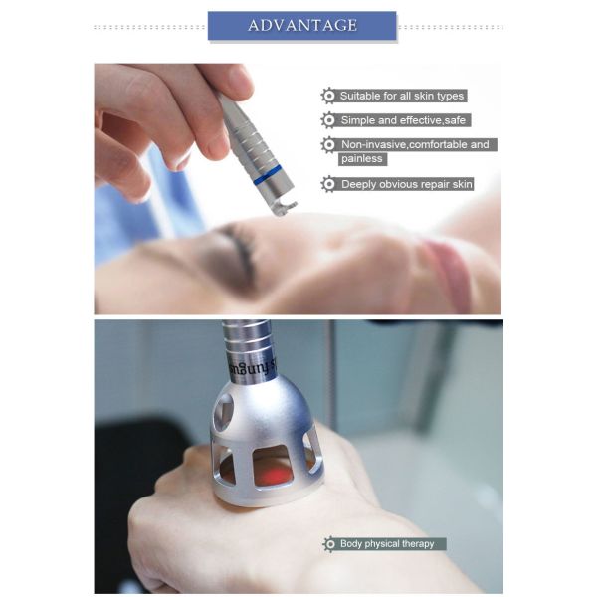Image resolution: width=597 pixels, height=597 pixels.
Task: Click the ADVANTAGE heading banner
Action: click(301, 26)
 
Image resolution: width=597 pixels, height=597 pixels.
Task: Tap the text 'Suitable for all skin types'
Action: click(402, 96)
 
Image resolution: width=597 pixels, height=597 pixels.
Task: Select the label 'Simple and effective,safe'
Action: click(403, 120)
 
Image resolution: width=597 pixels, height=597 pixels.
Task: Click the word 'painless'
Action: click(362, 158)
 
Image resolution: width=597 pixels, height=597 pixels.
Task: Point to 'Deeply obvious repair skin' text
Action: click(407, 184)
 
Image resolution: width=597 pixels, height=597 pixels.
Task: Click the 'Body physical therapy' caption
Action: click(387, 543)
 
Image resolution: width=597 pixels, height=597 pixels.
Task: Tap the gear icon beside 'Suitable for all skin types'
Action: click(328, 96)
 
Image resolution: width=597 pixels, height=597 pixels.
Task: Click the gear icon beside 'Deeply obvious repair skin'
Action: click(328, 184)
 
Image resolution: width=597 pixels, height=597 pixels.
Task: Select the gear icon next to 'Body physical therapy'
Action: click(329, 543)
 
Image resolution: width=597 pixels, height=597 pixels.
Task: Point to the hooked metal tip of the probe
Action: click(285, 209)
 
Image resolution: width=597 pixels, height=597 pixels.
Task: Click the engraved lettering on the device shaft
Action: click(252, 367)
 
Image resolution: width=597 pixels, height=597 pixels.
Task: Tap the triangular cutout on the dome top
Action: click(225, 407)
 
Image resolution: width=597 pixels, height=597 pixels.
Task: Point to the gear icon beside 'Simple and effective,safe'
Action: click(328, 120)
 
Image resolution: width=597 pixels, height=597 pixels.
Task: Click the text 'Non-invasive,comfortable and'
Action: click(415, 144)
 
